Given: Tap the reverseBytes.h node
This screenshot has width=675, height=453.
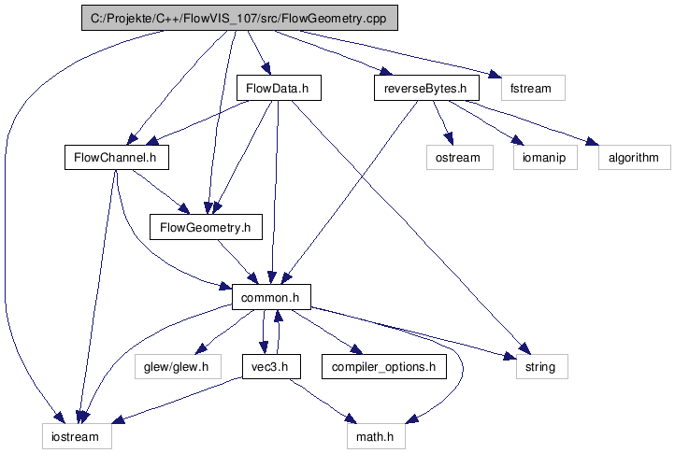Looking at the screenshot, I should pyautogui.click(x=425, y=89).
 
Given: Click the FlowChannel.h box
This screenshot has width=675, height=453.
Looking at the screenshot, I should pyautogui.click(x=115, y=157).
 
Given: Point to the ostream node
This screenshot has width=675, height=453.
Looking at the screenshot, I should pyautogui.click(x=458, y=157).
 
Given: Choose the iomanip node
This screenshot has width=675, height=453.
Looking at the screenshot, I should pyautogui.click(x=544, y=157).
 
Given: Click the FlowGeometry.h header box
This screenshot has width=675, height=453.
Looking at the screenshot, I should pyautogui.click(x=206, y=226).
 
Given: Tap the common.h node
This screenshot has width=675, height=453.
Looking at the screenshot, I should pyautogui.click(x=271, y=296).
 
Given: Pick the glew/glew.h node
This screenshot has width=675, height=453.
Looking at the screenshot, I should pyautogui.click(x=178, y=366).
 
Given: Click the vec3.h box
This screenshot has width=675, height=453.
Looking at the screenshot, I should pyautogui.click(x=270, y=366).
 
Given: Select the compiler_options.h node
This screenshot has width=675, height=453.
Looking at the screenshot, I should pyautogui.click(x=383, y=366).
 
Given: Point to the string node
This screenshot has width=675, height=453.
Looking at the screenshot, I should pyautogui.click(x=540, y=366).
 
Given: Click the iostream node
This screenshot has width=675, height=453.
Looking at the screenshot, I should pyautogui.click(x=76, y=436).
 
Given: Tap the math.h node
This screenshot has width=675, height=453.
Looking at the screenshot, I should pyautogui.click(x=374, y=436).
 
